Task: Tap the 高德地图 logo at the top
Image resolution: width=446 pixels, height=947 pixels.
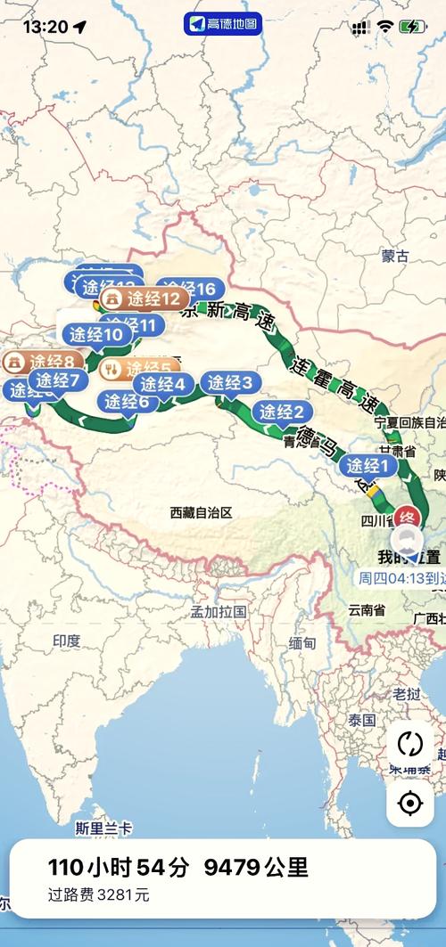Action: tap(223, 24)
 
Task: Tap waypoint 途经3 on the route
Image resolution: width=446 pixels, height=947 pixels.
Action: tap(230, 383)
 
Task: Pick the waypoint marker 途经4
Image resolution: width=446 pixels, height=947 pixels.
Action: tap(163, 384)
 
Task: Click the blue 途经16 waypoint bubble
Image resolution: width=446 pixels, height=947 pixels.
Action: tap(190, 289)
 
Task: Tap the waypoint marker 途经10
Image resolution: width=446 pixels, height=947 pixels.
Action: tap(96, 335)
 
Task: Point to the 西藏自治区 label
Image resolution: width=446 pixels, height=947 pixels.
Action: tap(201, 512)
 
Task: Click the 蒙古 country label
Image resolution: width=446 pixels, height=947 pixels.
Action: tap(394, 257)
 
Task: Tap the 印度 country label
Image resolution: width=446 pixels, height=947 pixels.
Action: tap(66, 641)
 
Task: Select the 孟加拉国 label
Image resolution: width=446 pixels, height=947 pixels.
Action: tap(219, 612)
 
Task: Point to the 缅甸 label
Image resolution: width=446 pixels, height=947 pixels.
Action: tap(302, 642)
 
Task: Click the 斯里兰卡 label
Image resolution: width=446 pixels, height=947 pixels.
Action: tap(103, 828)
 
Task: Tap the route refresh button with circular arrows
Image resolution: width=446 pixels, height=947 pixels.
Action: tap(409, 744)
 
